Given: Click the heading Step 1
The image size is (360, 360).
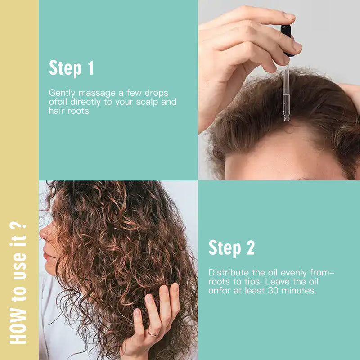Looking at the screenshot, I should click(x=71, y=68).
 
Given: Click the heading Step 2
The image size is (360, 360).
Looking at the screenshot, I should click(x=231, y=248).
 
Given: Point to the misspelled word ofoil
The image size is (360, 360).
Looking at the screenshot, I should click(x=58, y=102).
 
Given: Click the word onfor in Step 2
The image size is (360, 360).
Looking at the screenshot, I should click(x=219, y=291).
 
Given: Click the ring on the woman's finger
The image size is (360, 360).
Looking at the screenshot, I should click(x=153, y=333).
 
